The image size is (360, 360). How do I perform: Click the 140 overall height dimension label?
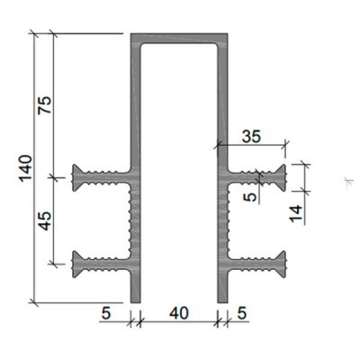[x=26, y=168]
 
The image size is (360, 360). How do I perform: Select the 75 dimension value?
[x=45, y=105]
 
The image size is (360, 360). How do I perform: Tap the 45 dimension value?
[x=45, y=220]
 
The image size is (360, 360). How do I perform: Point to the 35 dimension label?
[x=252, y=137]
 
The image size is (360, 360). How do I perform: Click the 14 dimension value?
[x=296, y=213]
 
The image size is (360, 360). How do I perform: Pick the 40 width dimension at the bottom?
[x=179, y=313]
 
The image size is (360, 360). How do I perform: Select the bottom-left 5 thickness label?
[x=106, y=313]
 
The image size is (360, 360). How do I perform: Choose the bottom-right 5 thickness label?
[x=242, y=313]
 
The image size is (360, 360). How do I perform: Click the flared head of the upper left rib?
[x=76, y=177]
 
